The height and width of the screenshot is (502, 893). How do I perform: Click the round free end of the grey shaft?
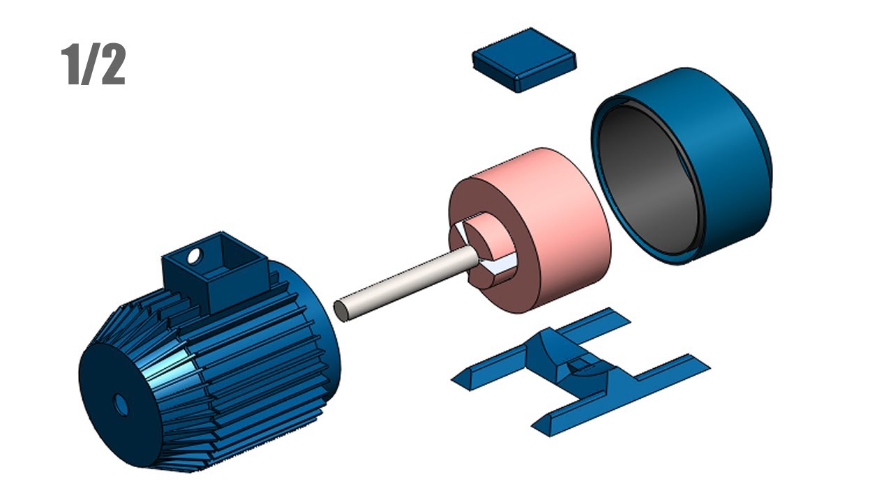click(x=341, y=310)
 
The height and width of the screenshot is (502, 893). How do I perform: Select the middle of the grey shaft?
click(x=405, y=282)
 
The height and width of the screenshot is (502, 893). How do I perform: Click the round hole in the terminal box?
click(x=194, y=256)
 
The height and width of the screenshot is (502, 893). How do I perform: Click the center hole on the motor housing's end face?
click(x=121, y=404)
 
